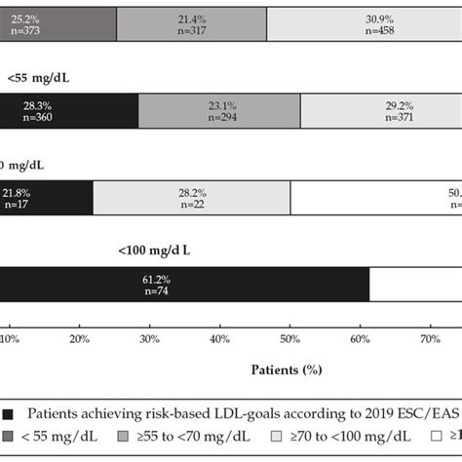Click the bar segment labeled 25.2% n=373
(x=58, y=21)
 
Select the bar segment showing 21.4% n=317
(x=191, y=21)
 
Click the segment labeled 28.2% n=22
(x=191, y=198)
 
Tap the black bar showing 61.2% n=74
(x=185, y=284)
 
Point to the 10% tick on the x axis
(x=9, y=339)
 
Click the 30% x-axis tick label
(x=149, y=339)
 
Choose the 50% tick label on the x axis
(x=289, y=339)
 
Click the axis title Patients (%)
(x=287, y=370)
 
